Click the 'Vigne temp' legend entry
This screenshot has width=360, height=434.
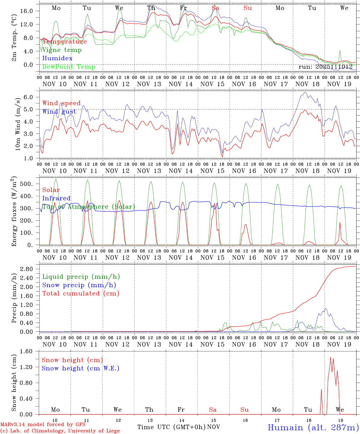(62, 50)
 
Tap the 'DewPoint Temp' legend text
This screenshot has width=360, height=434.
(69, 67)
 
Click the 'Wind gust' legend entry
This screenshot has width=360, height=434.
(59, 112)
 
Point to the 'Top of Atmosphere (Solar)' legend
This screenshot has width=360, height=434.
(89, 207)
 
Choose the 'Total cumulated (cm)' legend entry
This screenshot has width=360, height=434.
(81, 294)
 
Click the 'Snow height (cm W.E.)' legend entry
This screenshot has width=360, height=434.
(81, 368)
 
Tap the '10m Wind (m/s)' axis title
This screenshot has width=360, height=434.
(17, 124)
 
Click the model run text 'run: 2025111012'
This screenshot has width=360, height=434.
(325, 67)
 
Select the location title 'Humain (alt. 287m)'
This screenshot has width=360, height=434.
(313, 427)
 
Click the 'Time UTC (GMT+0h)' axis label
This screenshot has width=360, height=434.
(172, 427)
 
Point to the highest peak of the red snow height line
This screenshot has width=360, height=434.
(331, 357)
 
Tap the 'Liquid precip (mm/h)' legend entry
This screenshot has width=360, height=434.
(81, 277)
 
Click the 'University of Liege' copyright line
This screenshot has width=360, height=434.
(60, 431)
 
